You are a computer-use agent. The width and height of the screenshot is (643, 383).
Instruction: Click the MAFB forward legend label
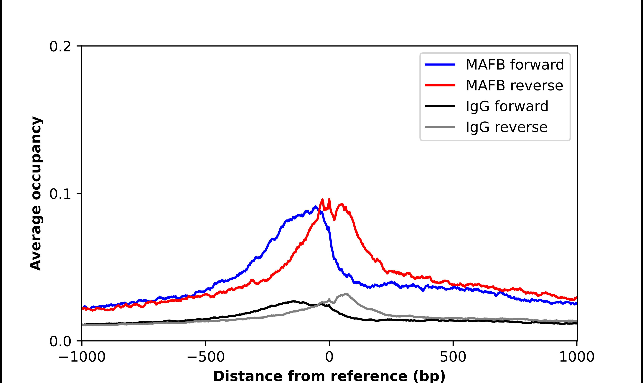(515, 65)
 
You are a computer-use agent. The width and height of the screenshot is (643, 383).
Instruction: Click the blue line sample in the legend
(440, 65)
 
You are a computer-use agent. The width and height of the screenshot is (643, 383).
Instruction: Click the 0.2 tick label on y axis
(60, 47)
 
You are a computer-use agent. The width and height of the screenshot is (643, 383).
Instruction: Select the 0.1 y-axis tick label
(60, 194)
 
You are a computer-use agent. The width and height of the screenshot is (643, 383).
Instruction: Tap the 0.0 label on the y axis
(60, 341)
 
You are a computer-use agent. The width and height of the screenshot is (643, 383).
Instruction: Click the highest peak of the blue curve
(315, 207)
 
